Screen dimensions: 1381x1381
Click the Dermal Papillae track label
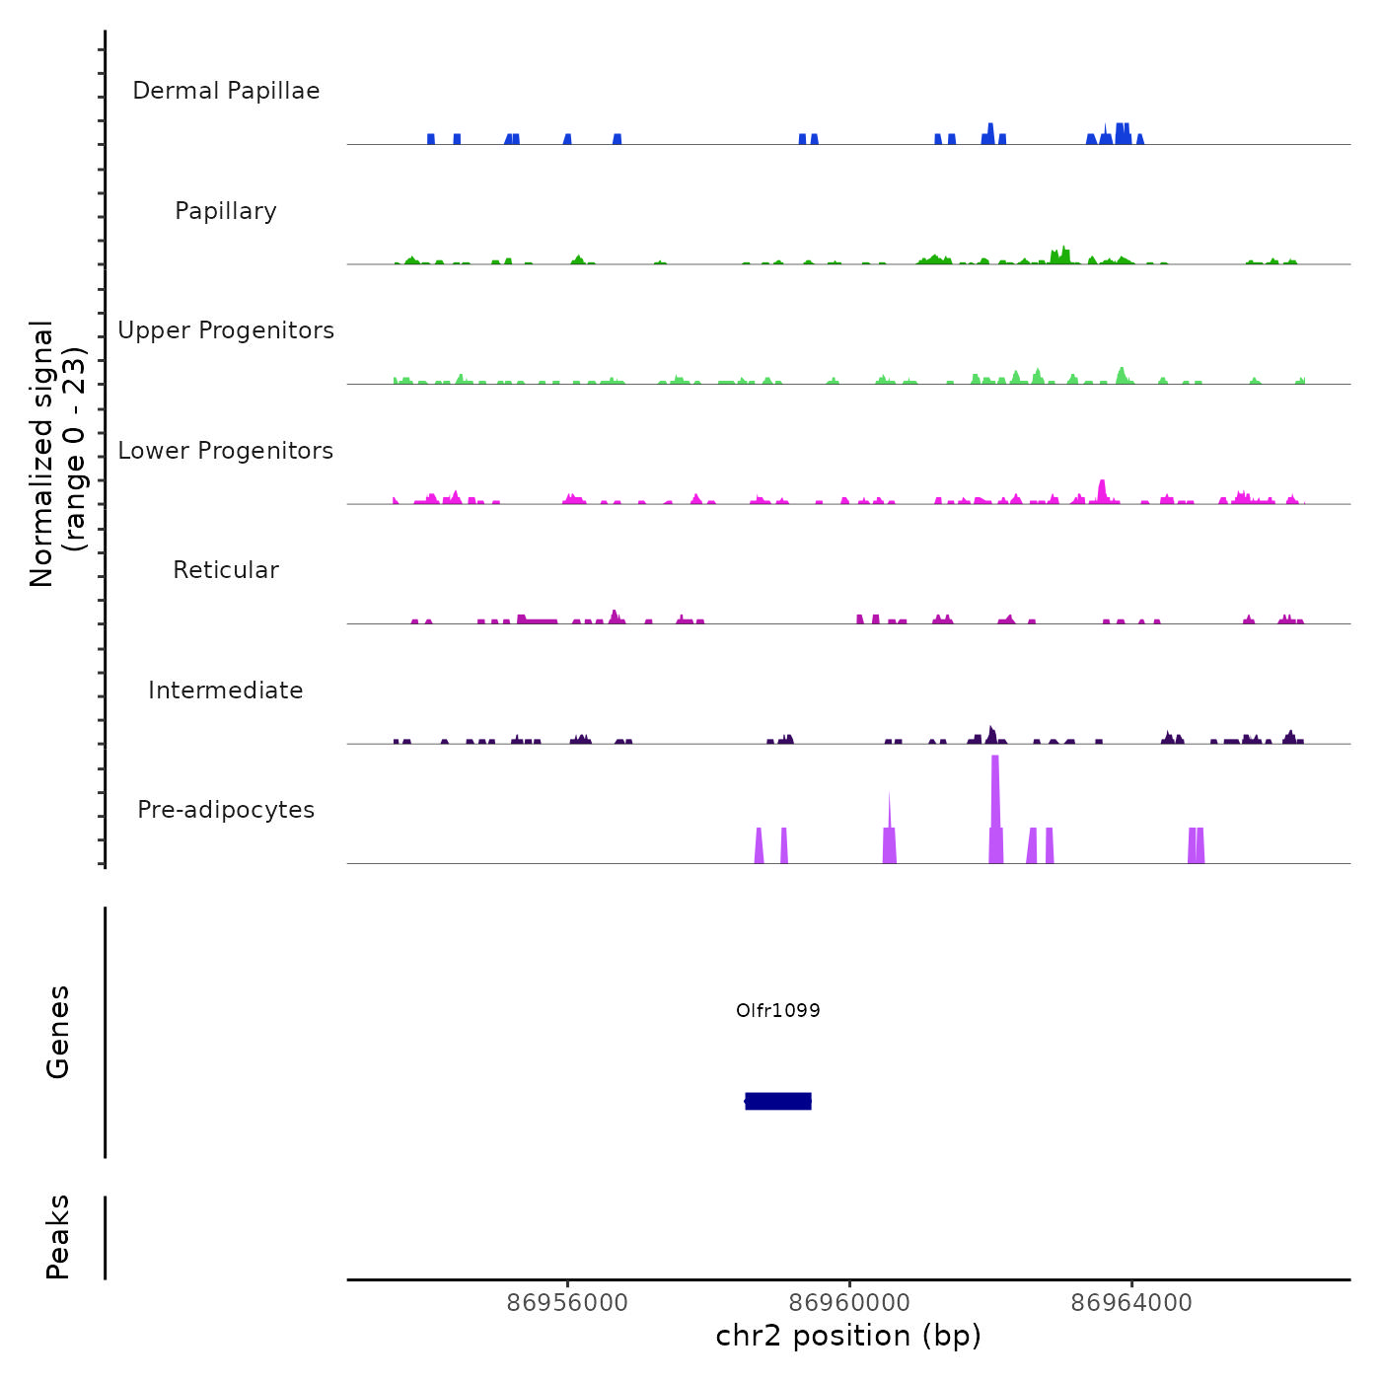(x=226, y=91)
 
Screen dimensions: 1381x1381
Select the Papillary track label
(x=226, y=211)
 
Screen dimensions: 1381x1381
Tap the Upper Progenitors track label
(x=226, y=330)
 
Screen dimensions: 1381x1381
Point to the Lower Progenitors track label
(x=226, y=451)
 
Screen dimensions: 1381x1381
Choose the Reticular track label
(x=226, y=570)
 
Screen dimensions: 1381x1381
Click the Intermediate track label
(x=226, y=690)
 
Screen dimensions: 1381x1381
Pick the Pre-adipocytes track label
(x=226, y=810)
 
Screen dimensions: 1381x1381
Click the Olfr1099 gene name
(x=778, y=1010)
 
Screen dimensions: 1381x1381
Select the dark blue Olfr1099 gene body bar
(x=778, y=1101)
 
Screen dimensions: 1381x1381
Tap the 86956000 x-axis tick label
(x=567, y=1303)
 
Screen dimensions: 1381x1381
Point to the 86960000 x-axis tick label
(x=849, y=1303)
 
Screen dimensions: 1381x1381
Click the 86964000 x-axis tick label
(x=1131, y=1303)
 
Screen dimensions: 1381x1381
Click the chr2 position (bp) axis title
(x=848, y=1336)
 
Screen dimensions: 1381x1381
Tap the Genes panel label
(x=58, y=1032)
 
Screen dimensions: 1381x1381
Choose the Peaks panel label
(x=58, y=1237)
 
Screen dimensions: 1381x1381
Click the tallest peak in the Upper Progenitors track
(x=1122, y=373)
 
